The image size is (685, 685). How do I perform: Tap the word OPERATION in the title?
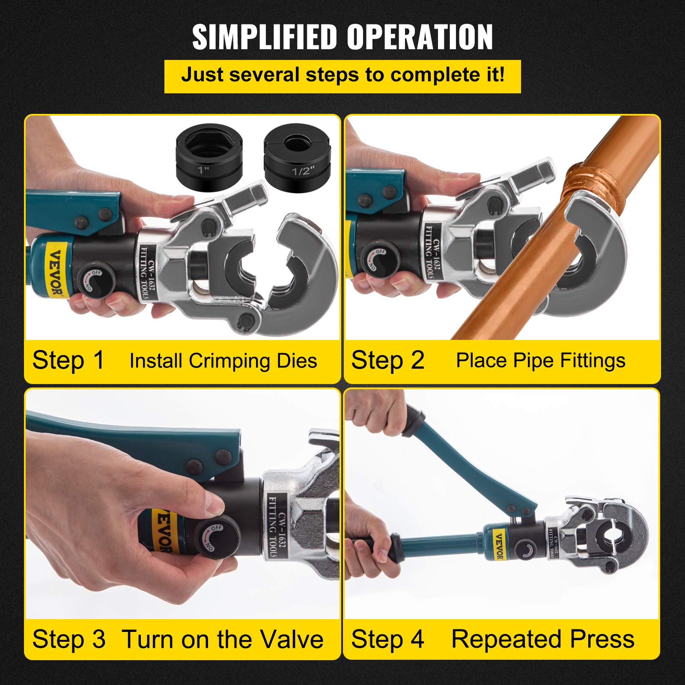tap(420, 37)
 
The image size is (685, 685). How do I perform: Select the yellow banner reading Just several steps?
tap(342, 76)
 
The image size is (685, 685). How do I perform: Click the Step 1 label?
tap(68, 360)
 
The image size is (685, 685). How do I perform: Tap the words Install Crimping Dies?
tap(223, 361)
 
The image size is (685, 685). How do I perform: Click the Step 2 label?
tap(387, 360)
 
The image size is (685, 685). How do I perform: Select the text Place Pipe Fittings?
tap(540, 360)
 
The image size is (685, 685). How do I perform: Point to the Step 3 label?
tap(68, 639)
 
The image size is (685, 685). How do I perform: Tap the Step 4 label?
tap(387, 639)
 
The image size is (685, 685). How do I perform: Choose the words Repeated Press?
tap(543, 639)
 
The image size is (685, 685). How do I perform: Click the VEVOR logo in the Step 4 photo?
tap(499, 545)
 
